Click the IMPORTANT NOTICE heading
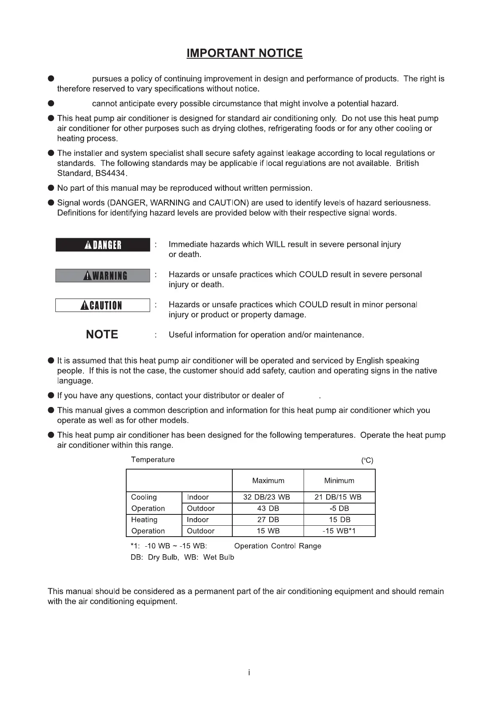tap(244, 53)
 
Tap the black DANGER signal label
tap(103, 245)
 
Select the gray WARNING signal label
tap(103, 275)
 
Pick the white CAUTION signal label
tap(103, 305)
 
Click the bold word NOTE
tap(102, 335)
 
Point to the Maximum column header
tap(268, 481)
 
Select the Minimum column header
tap(339, 481)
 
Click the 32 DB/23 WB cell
tap(267, 497)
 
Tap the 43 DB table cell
tap(268, 509)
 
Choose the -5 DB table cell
tap(339, 509)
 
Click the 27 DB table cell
tap(268, 520)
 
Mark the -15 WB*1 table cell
tap(339, 531)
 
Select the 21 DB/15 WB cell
tap(338, 497)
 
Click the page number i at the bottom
tap(249, 673)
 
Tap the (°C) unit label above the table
tap(367, 461)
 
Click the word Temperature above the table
tap(153, 460)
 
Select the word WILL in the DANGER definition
tap(275, 244)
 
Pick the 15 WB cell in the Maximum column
tap(268, 531)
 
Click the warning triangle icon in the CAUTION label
tap(84, 306)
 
